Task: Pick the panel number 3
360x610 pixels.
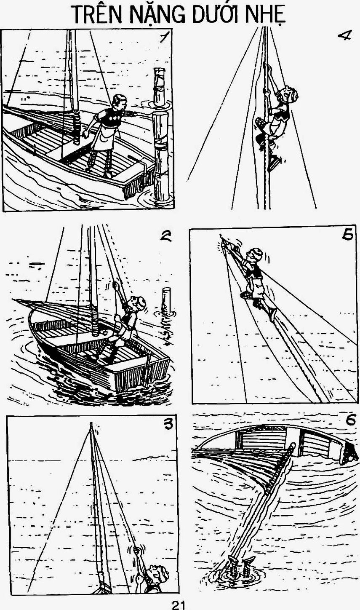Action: tap(168, 424)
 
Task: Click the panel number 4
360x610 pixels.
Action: tap(344, 36)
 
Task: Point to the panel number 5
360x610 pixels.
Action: tap(347, 235)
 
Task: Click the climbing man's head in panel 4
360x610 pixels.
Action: tap(290, 95)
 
